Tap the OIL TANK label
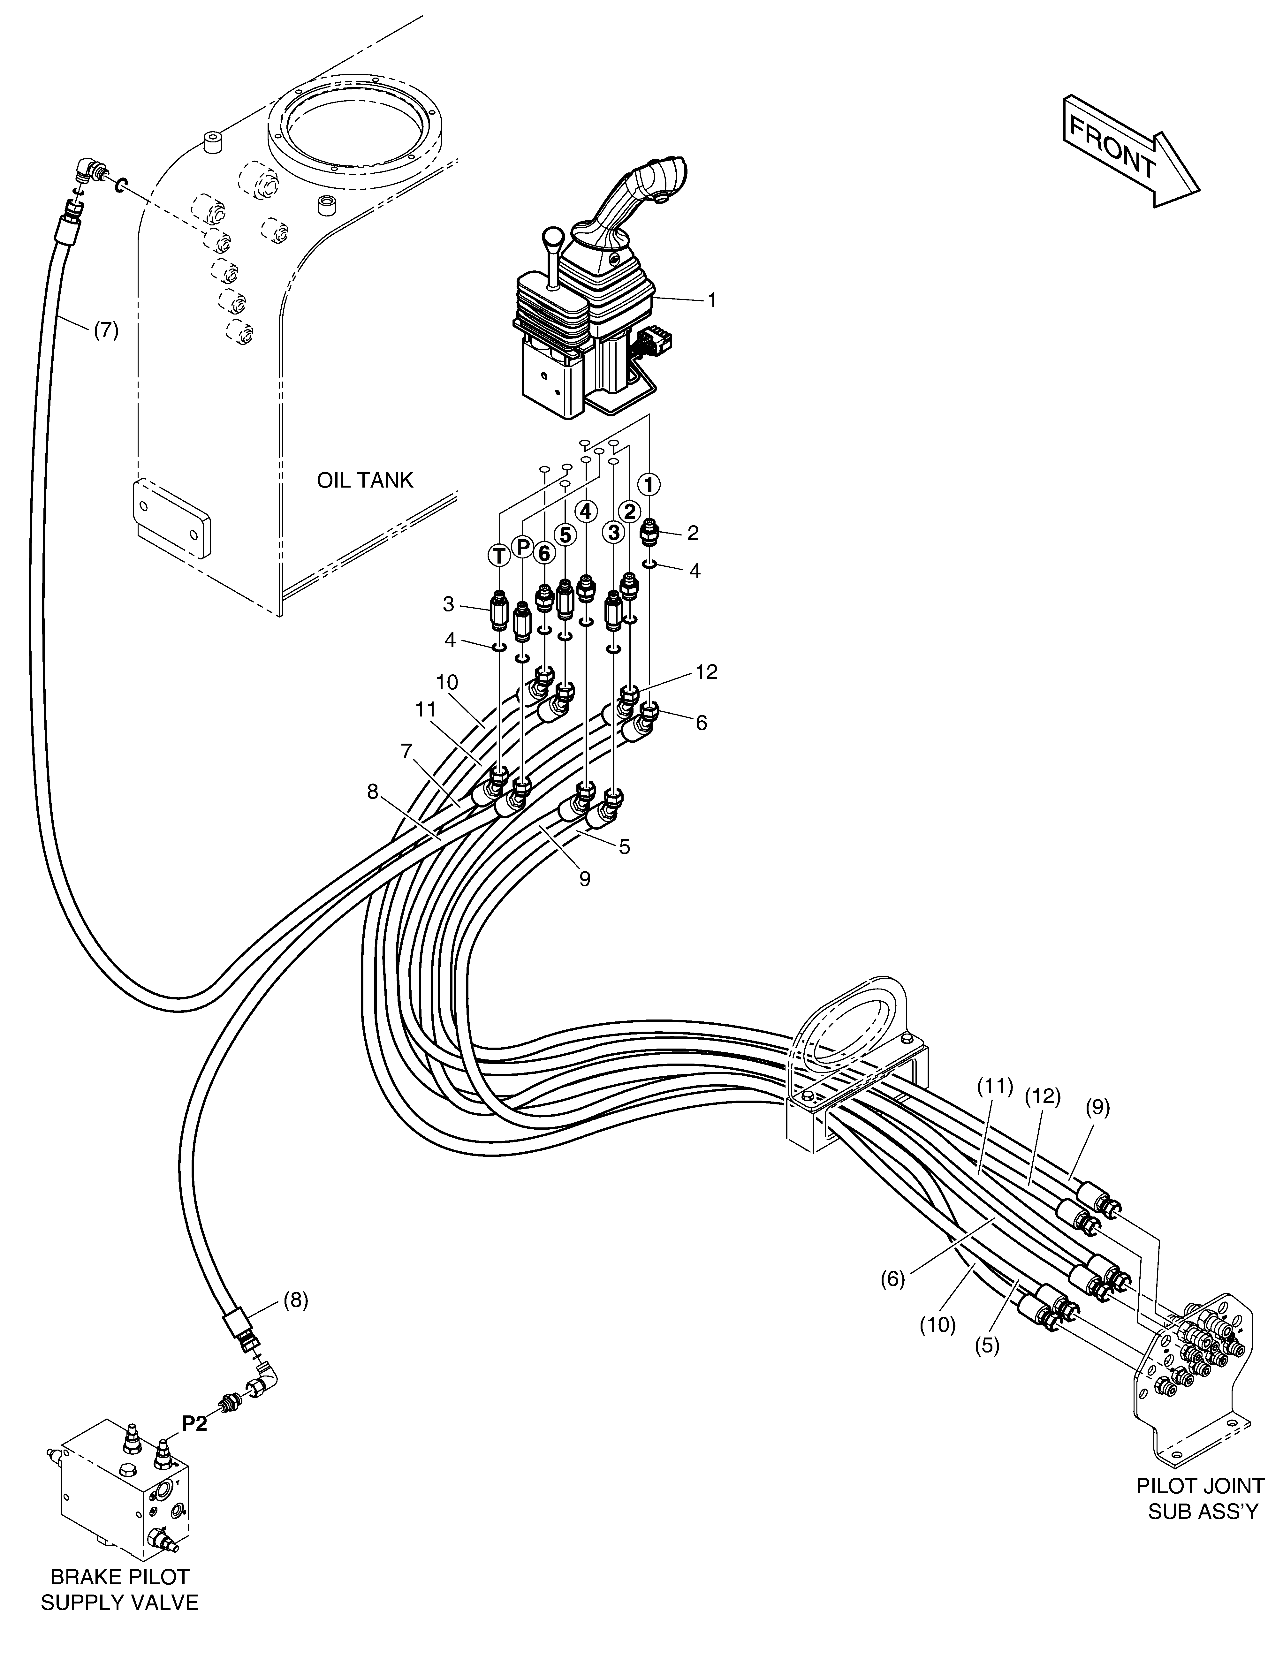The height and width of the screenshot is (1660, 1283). click(x=365, y=480)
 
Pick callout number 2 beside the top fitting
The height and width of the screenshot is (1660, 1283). click(x=692, y=534)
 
